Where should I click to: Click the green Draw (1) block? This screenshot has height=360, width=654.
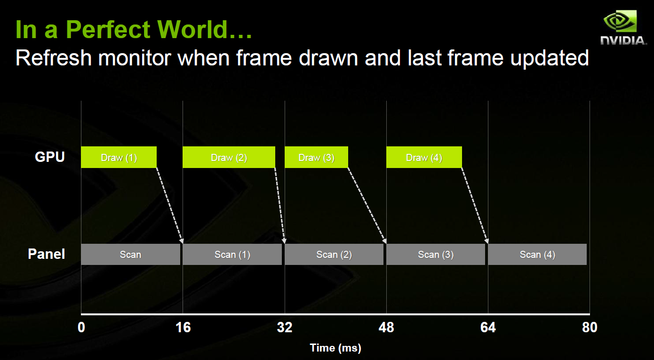(x=119, y=157)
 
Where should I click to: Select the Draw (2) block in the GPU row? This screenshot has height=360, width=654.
(x=229, y=157)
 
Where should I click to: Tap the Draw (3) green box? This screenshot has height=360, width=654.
(x=317, y=157)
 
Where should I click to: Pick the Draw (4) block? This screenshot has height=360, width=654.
(x=424, y=157)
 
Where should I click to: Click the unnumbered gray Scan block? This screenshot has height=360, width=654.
(x=130, y=254)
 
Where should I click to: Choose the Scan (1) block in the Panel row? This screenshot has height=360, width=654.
(x=232, y=254)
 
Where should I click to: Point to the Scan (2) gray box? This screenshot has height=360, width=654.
(x=334, y=254)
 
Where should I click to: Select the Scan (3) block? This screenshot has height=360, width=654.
(x=436, y=254)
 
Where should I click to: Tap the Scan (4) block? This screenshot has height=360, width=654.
(x=537, y=254)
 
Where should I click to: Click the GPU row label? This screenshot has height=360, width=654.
(x=50, y=157)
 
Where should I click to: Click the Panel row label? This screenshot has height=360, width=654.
(x=47, y=254)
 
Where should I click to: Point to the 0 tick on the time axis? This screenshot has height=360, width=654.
(x=81, y=328)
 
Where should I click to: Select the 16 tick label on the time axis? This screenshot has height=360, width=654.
(x=183, y=328)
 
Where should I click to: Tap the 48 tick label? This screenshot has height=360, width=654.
(x=386, y=328)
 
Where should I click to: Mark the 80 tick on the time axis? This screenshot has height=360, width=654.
(x=590, y=328)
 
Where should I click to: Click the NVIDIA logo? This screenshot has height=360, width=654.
(x=623, y=28)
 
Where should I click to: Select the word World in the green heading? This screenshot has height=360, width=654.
(x=192, y=30)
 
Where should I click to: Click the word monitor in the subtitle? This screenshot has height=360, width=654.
(x=135, y=58)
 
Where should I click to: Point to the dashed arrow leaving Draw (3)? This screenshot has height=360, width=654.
(x=367, y=206)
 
